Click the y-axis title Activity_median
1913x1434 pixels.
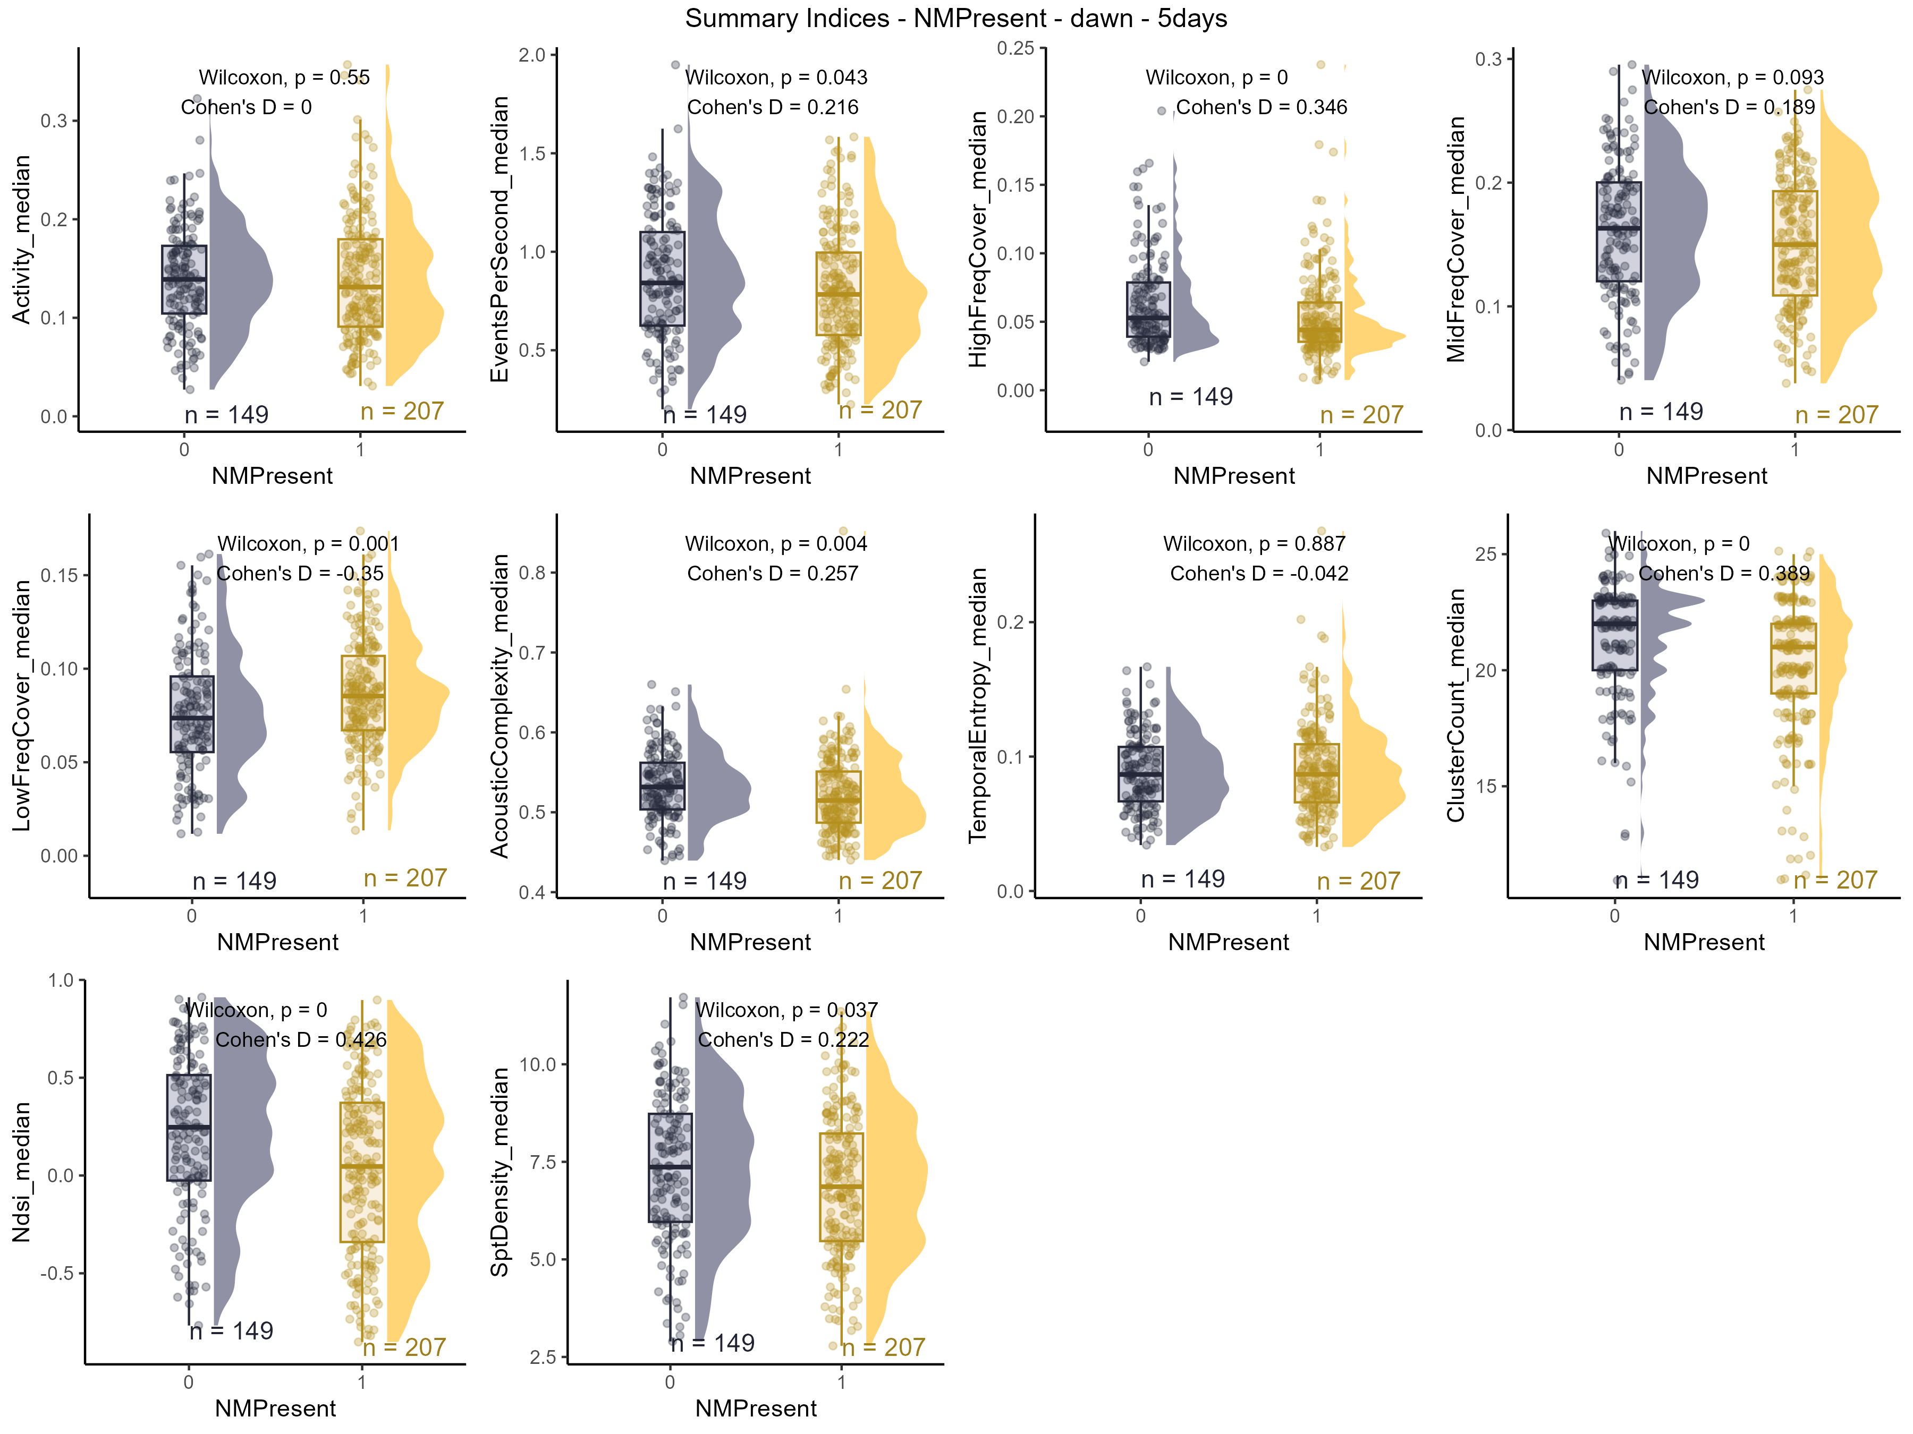coord(22,240)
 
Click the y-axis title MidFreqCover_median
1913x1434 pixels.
coord(1457,240)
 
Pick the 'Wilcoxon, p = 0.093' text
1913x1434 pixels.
coord(1732,78)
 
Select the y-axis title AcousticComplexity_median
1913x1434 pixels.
coord(500,706)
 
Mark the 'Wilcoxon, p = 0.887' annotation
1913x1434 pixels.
coord(1254,544)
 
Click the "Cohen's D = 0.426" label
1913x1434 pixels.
coord(301,1040)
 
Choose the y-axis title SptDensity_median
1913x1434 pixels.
coord(500,1172)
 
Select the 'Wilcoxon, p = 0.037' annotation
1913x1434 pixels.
coord(786,1011)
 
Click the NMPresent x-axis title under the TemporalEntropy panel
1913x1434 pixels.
coord(1228,942)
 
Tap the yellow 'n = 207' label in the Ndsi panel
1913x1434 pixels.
coord(404,1347)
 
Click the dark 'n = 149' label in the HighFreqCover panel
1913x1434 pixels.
coord(1191,398)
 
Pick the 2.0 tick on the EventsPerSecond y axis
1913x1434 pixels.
coord(532,55)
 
